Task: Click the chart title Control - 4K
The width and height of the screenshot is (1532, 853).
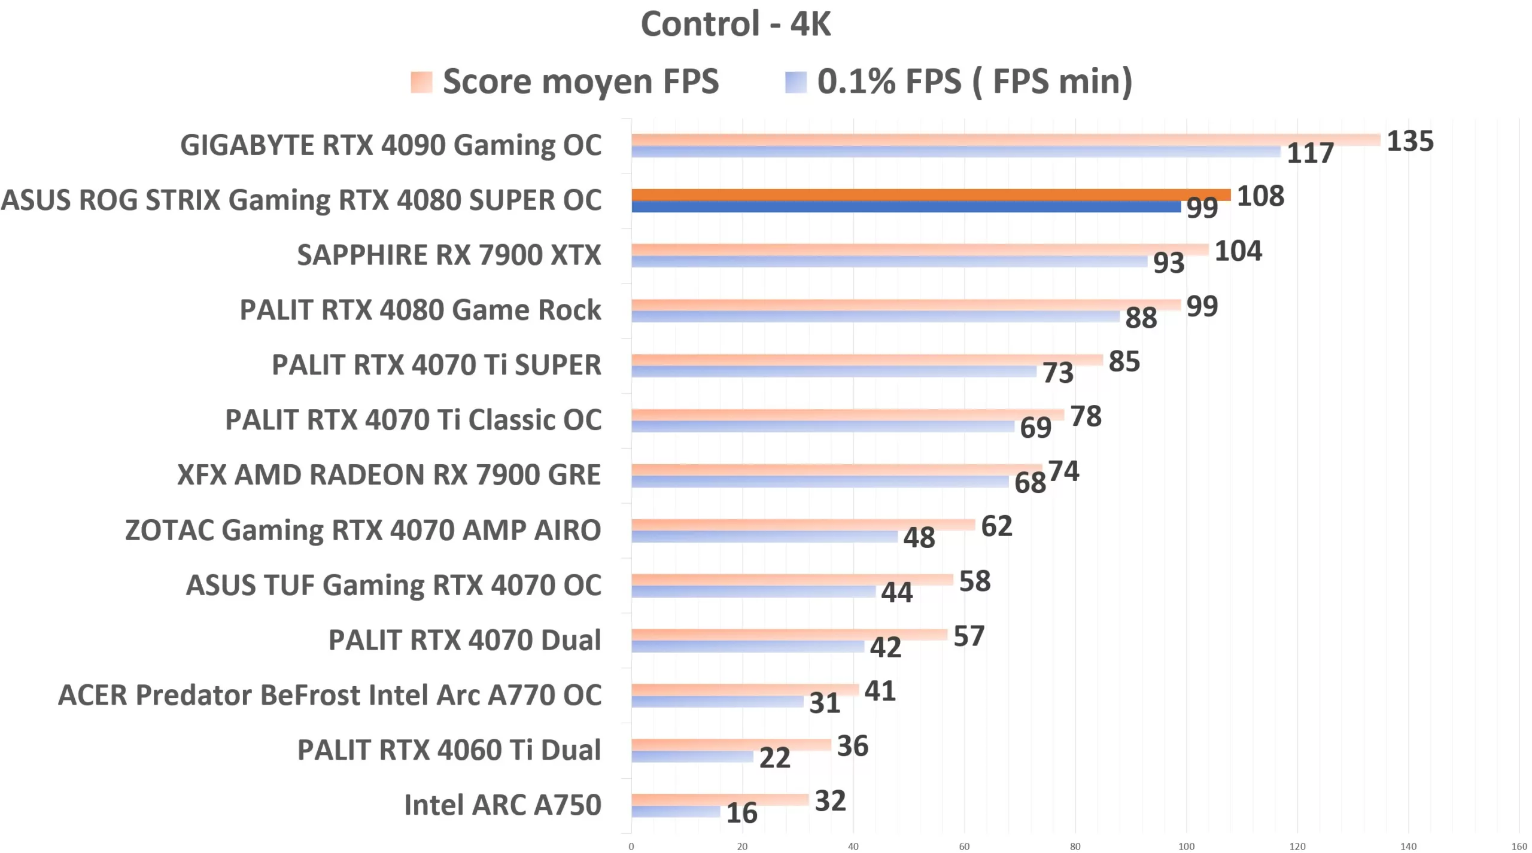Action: coord(735,25)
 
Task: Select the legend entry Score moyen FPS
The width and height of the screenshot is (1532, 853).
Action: coord(580,81)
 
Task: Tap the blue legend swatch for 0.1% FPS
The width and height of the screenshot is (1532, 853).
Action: coord(795,83)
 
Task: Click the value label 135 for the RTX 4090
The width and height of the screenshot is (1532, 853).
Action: coord(1409,142)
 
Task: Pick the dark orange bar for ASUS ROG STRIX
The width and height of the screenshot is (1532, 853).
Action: coord(931,195)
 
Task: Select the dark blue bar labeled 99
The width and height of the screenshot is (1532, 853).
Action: coord(905,207)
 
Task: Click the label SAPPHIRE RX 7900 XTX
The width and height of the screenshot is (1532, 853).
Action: coord(449,255)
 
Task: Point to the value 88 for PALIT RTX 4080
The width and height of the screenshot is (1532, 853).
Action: coord(1141,318)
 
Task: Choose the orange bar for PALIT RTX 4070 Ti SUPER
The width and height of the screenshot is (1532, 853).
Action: coord(867,360)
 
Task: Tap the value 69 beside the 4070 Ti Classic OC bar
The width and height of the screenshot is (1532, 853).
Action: coord(1035,428)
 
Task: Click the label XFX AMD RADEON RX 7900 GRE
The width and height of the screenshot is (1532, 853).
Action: coord(389,476)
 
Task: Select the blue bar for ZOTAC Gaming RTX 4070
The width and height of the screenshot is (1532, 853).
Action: coord(764,537)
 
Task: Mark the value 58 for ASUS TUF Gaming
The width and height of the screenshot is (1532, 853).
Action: coord(974,581)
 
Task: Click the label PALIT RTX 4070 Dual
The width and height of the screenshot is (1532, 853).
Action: coord(464,641)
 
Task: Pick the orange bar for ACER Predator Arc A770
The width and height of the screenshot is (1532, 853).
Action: coord(744,690)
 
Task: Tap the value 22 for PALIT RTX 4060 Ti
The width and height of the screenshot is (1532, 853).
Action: coord(774,758)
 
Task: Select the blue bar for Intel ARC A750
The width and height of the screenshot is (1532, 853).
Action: coord(676,812)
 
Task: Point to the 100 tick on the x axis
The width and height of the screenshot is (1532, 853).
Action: coord(1186,846)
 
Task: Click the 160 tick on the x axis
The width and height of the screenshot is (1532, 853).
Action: coord(1519,846)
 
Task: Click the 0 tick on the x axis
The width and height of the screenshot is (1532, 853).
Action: coord(631,846)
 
